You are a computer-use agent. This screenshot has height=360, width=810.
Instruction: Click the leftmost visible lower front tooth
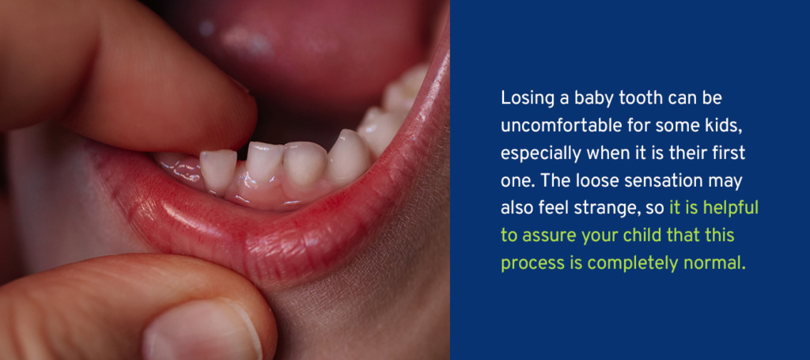point(218,170)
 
